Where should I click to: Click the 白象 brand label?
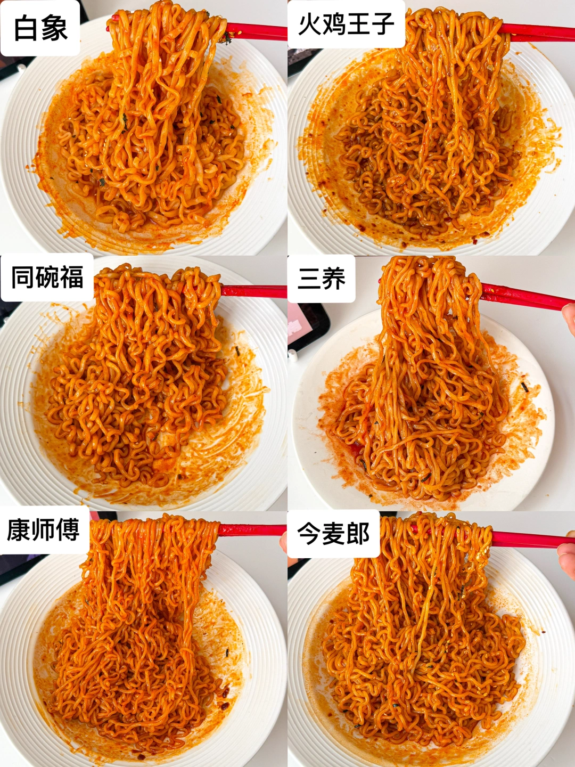coord(40,28)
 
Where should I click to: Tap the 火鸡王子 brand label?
coord(346,25)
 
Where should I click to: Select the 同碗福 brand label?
coord(47,278)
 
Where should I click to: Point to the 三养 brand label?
coord(322,279)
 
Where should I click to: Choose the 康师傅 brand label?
coord(44,530)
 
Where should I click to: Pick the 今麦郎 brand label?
coord(333,534)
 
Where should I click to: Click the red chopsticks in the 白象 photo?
coord(256,32)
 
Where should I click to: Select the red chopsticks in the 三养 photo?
coord(522,297)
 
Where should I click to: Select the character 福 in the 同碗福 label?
coord(71,278)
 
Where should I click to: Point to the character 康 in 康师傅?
coord(19,530)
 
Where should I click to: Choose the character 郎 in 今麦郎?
coord(358,534)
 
